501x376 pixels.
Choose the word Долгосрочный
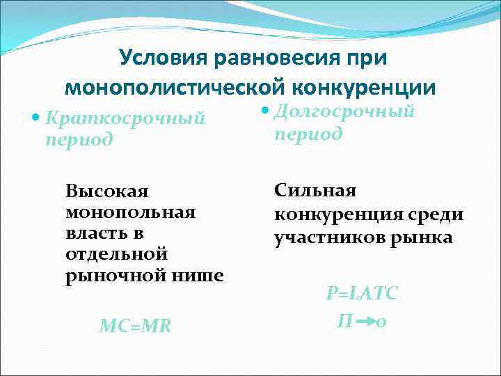(344, 111)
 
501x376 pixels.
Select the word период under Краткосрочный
(78, 139)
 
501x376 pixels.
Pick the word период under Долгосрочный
(308, 132)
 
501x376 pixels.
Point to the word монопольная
(130, 210)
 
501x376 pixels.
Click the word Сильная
(315, 189)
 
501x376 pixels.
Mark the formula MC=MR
(135, 324)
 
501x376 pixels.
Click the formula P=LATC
(362, 294)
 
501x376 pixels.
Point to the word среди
(438, 214)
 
